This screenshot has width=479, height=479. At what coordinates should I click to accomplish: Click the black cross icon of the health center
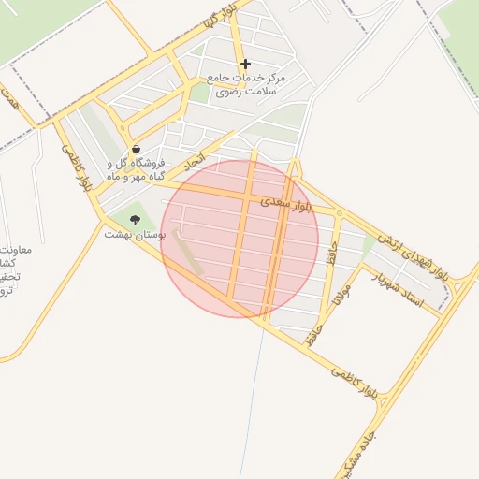(x=245, y=65)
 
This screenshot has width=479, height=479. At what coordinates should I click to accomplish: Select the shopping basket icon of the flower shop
(x=137, y=149)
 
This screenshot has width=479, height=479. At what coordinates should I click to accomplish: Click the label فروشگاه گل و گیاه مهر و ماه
(x=136, y=169)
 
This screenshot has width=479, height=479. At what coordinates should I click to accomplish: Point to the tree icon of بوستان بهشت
(x=136, y=221)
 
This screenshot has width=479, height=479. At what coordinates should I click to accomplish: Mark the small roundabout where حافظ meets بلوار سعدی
(x=339, y=213)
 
